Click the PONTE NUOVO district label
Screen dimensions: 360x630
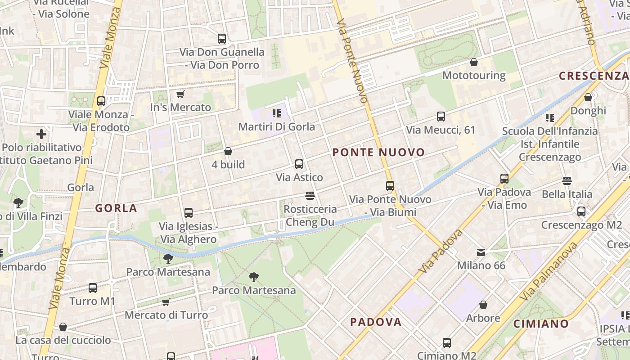click(378, 153)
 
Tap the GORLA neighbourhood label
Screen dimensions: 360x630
click(116, 208)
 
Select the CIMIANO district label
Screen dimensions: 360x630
click(541, 324)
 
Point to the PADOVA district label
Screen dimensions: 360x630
click(376, 322)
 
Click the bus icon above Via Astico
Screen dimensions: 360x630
click(299, 164)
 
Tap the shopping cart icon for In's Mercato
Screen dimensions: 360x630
click(180, 94)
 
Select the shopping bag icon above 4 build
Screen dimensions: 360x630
click(228, 151)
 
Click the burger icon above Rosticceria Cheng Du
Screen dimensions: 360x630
click(310, 196)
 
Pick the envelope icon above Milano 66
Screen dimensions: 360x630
click(481, 252)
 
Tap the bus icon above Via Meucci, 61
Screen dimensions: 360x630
click(441, 117)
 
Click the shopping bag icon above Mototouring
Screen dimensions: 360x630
click(474, 62)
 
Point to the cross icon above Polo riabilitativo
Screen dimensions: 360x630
click(41, 134)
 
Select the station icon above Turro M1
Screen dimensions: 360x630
click(93, 288)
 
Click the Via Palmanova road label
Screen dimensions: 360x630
click(548, 273)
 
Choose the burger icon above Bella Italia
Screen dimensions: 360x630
click(567, 181)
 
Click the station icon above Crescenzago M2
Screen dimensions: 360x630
click(581, 211)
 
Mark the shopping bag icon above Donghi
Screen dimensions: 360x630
click(588, 97)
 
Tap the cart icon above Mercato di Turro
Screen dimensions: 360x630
click(166, 302)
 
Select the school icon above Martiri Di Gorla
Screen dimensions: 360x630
click(277, 113)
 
